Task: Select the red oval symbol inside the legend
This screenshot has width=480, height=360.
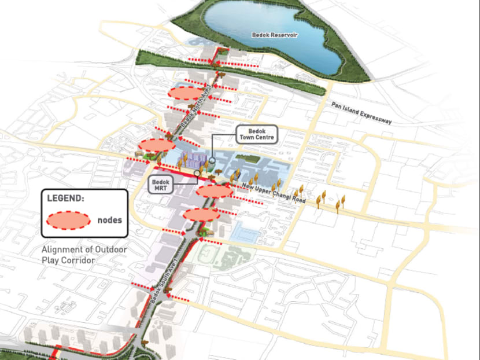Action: [68, 220]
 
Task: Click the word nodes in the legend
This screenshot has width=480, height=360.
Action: [109, 220]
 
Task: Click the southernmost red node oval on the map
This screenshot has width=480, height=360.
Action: [201, 214]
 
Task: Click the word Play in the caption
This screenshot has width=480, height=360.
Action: [50, 260]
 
